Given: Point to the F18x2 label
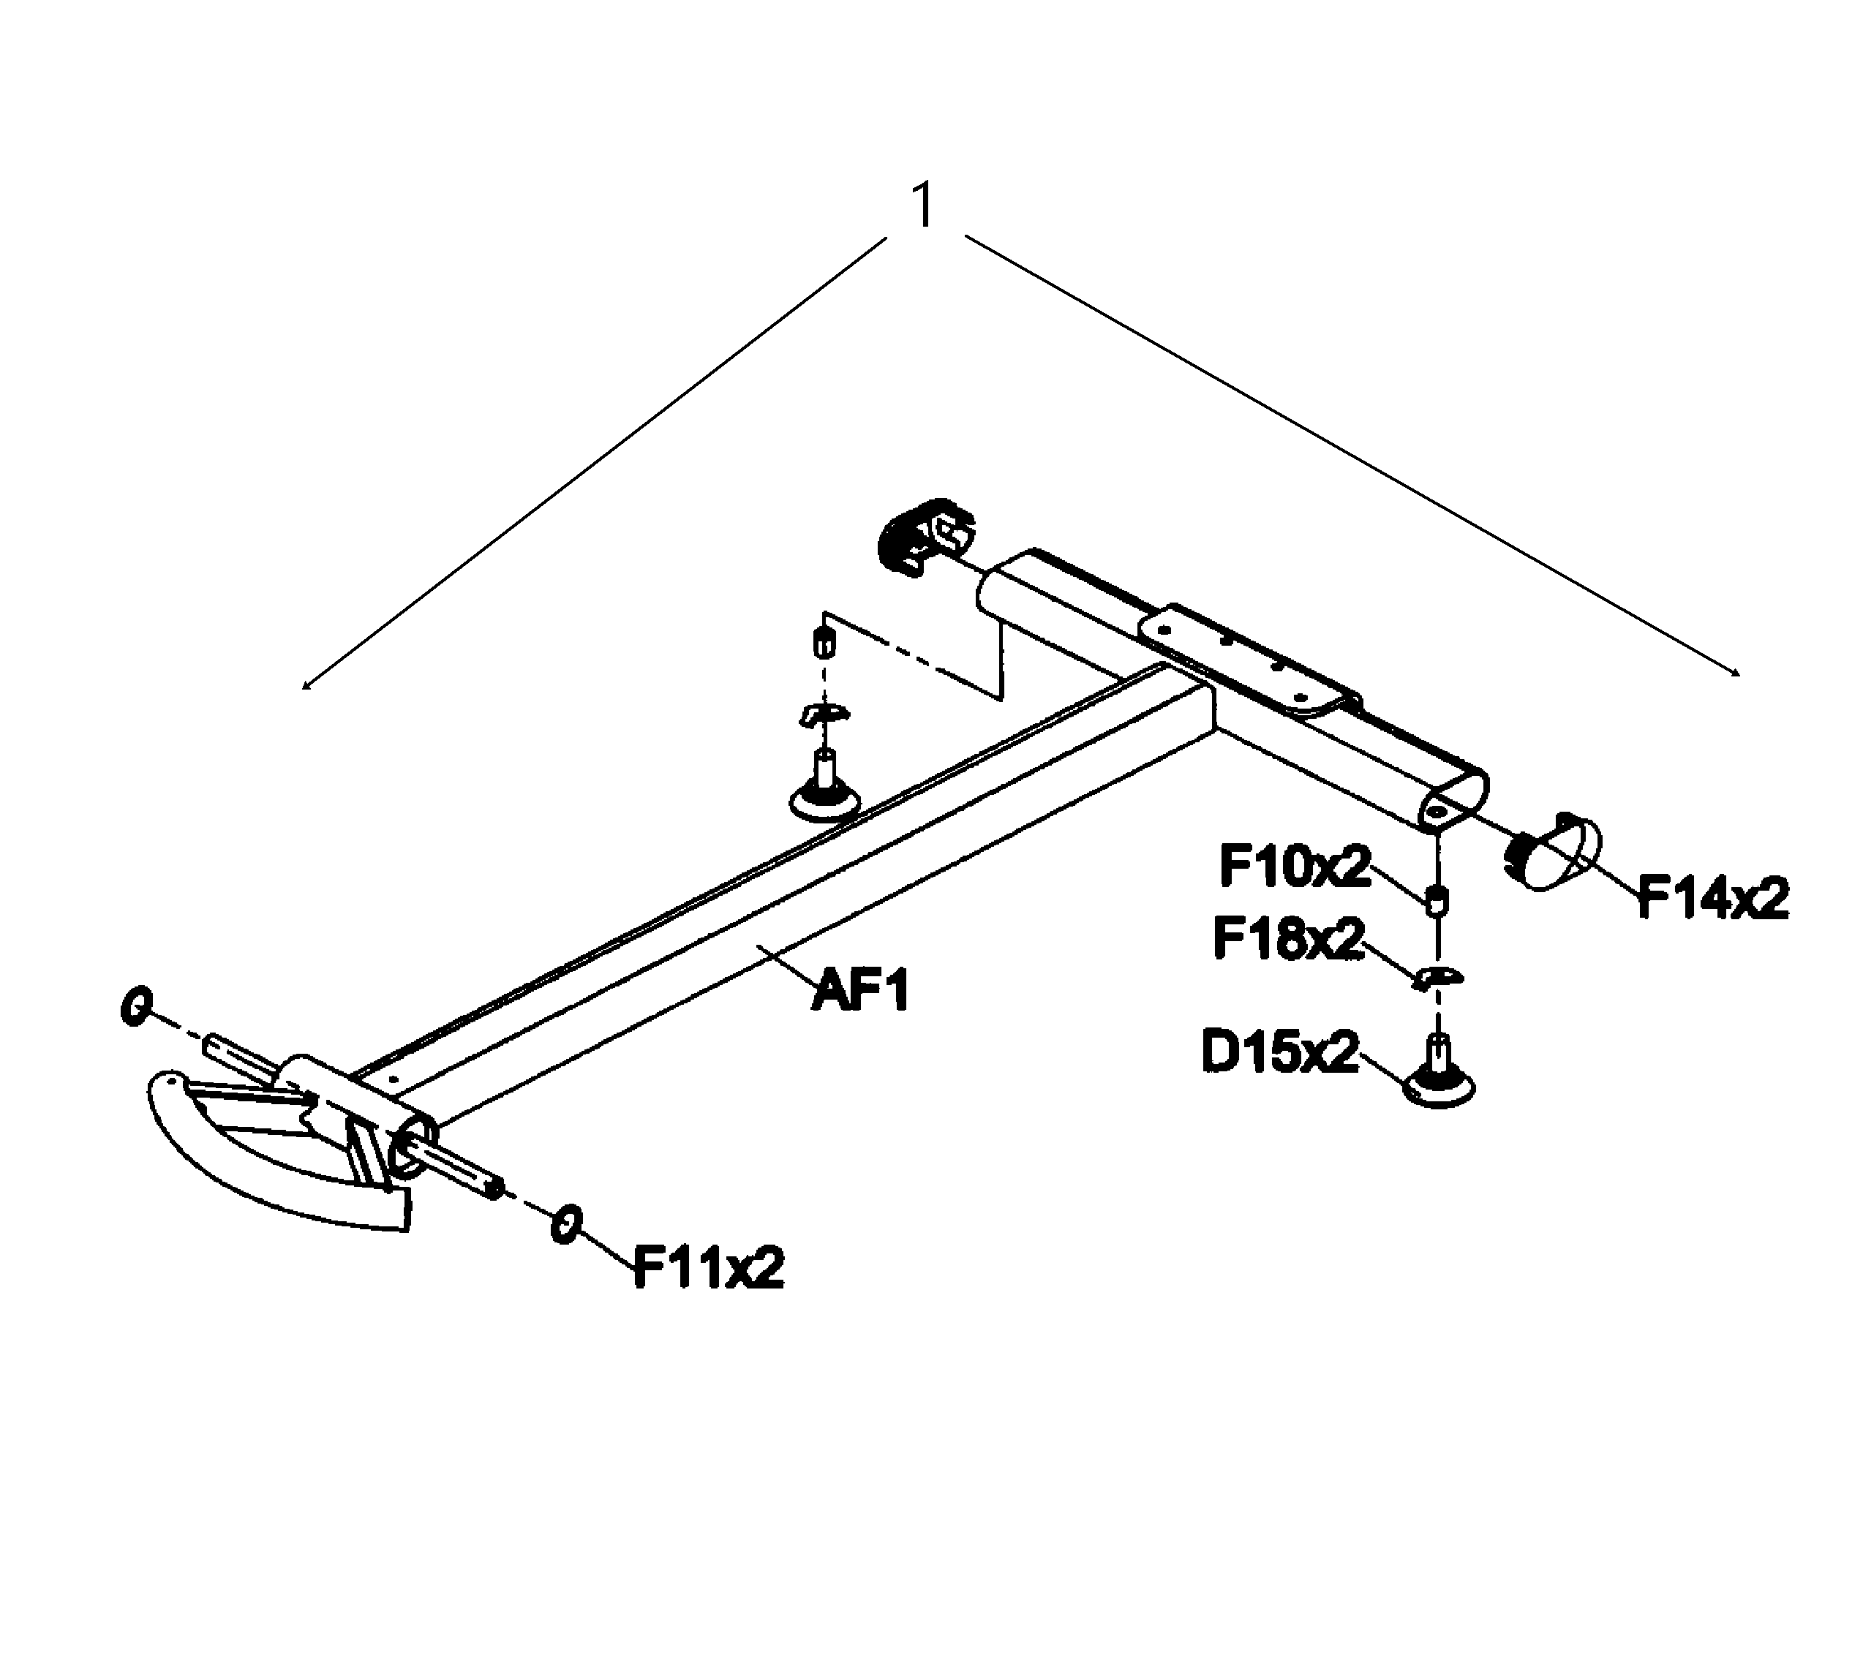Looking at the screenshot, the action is tap(1288, 938).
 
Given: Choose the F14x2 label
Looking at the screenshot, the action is tap(1712, 897).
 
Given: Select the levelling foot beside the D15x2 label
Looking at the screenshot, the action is tap(1439, 1072).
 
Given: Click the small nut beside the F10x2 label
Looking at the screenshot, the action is tap(1436, 899).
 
